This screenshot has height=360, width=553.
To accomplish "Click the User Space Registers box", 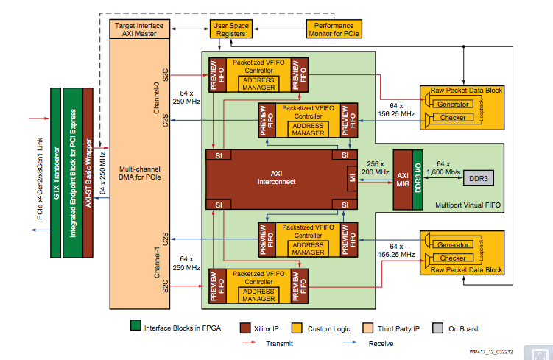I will (230, 29).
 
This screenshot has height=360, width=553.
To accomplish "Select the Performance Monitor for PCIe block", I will (334, 29).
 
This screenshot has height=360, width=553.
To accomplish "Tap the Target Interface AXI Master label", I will (141, 29).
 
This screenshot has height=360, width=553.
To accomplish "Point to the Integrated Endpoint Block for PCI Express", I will (73, 172).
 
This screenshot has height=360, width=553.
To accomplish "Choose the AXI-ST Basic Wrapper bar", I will (88, 172).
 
